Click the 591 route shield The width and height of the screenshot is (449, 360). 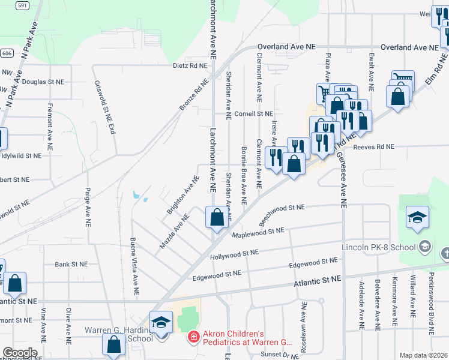pyautogui.click(x=22, y=5)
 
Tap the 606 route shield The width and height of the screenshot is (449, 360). pyautogui.click(x=5, y=53)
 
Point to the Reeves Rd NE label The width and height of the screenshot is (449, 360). pyautogui.click(x=373, y=146)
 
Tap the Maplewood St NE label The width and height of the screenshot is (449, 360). pyautogui.click(x=258, y=232)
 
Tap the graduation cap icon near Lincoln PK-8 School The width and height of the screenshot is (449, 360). pyautogui.click(x=417, y=218)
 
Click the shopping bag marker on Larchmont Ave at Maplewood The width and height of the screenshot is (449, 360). pyautogui.click(x=217, y=217)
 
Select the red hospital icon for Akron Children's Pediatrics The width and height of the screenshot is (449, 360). pyautogui.click(x=193, y=338)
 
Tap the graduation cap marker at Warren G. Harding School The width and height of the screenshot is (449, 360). pyautogui.click(x=161, y=322)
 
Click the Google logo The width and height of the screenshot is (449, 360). pyautogui.click(x=19, y=353)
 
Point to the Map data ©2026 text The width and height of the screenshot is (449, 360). pyautogui.click(x=423, y=355)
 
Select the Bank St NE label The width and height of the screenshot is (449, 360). pyautogui.click(x=71, y=264)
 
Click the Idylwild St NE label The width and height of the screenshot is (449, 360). pyautogui.click(x=21, y=155)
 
